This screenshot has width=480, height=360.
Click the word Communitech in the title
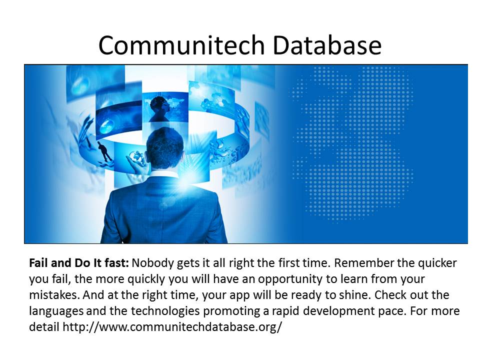coord(181,45)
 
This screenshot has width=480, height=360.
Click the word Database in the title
coord(327,45)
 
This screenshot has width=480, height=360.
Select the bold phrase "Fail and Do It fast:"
coord(79,263)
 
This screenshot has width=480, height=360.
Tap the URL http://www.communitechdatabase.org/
coord(172,327)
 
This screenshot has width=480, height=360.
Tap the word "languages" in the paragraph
coord(56,311)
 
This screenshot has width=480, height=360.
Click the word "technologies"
coord(165,311)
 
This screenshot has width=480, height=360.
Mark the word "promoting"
coord(231,311)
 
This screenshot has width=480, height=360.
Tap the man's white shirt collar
coord(164,174)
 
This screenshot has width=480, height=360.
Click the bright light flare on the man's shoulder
coord(184,183)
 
